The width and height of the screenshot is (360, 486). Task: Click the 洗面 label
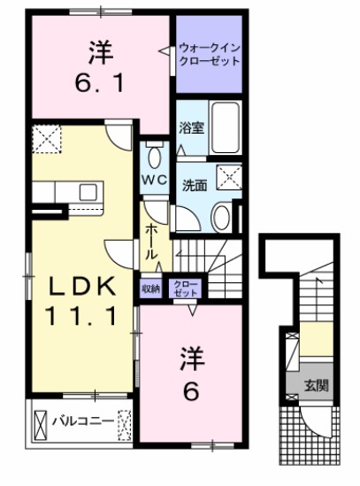[195, 187]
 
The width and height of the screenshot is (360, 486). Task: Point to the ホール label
[151, 240]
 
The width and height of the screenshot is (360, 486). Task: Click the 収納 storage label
[150, 289]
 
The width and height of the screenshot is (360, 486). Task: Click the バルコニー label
[80, 420]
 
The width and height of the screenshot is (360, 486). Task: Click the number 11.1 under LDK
[82, 314]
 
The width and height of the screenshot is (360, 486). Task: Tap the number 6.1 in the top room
[99, 87]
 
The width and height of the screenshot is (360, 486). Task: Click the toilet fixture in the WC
[155, 157]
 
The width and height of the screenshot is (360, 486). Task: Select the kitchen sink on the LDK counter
[89, 192]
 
